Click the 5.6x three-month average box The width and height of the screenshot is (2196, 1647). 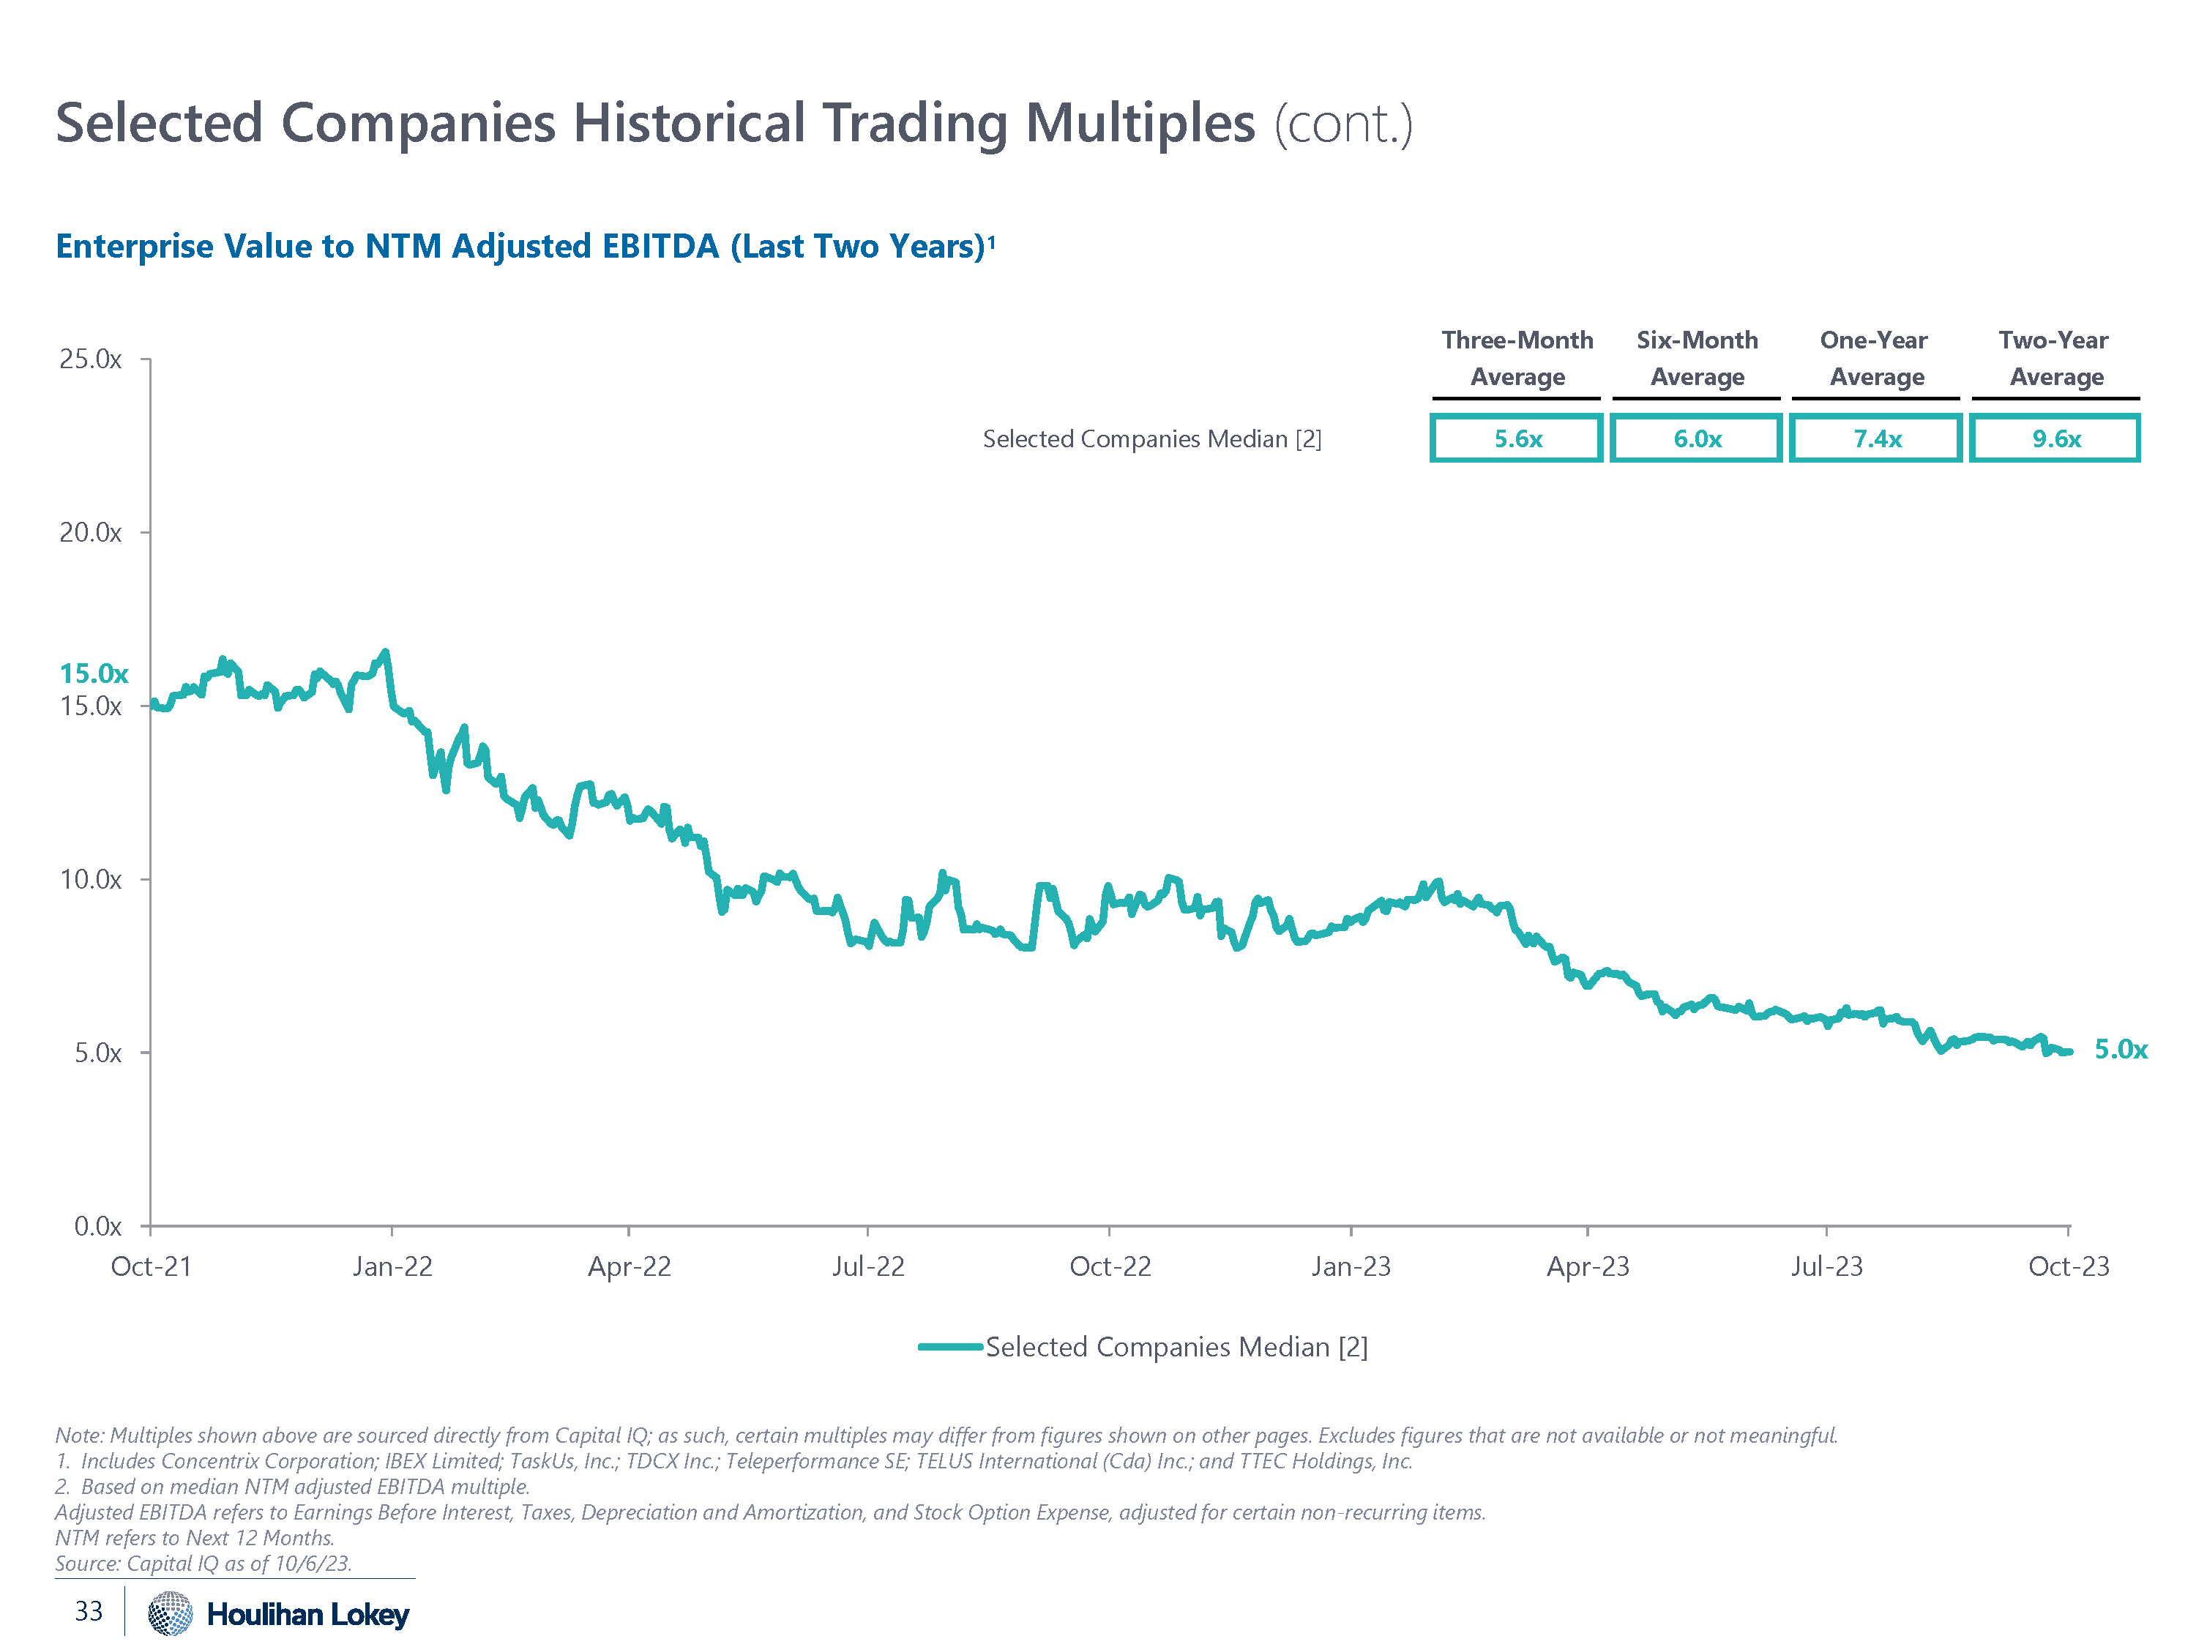[x=1516, y=438]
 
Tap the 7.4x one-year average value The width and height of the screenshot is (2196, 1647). [x=1876, y=438]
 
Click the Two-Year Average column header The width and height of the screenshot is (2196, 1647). [x=2054, y=359]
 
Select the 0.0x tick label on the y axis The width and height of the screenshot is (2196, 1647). [x=97, y=1227]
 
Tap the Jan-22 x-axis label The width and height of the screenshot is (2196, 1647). [x=392, y=1267]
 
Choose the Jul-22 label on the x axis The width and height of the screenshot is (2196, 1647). [x=867, y=1267]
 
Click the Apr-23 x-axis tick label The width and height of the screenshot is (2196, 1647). [x=1588, y=1267]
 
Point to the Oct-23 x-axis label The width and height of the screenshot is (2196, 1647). [x=2068, y=1267]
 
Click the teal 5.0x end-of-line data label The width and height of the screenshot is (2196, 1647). [x=2121, y=1050]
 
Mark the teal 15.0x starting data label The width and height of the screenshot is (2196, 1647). [x=93, y=674]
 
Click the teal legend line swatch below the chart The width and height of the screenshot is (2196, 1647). [x=950, y=1347]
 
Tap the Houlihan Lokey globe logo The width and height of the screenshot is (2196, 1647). [x=170, y=1613]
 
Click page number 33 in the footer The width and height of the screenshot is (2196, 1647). [x=89, y=1611]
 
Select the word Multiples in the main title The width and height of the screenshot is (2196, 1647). [x=1140, y=124]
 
